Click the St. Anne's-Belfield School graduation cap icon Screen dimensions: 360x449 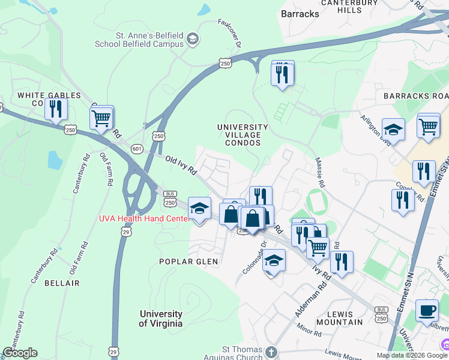click(x=192, y=40)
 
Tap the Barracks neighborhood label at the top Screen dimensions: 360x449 click(x=300, y=13)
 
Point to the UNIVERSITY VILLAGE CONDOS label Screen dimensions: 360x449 click(x=243, y=135)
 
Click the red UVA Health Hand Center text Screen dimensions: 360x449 click(x=144, y=219)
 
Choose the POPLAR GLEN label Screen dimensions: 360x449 click(x=188, y=262)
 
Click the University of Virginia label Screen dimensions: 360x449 click(x=161, y=319)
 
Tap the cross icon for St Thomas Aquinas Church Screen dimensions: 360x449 click(x=271, y=352)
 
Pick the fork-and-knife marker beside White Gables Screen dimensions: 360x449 click(x=56, y=109)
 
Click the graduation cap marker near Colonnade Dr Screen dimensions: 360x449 click(x=274, y=261)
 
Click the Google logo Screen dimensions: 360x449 click(x=20, y=353)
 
